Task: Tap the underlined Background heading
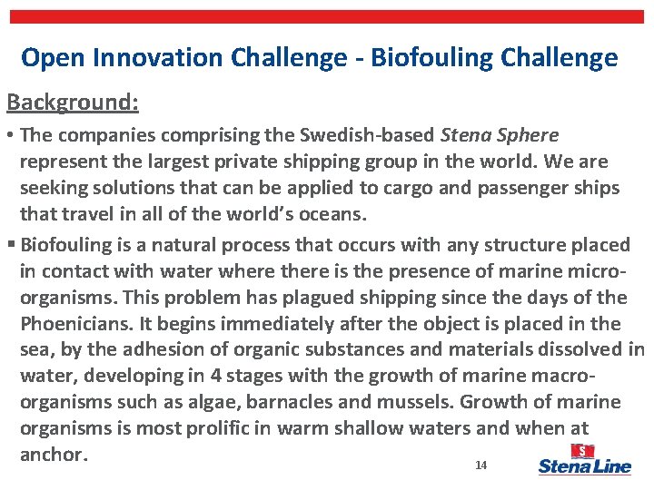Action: pos(73,102)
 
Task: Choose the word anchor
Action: pos(51,455)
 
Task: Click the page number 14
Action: pos(481,465)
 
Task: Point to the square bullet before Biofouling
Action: pos(11,245)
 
